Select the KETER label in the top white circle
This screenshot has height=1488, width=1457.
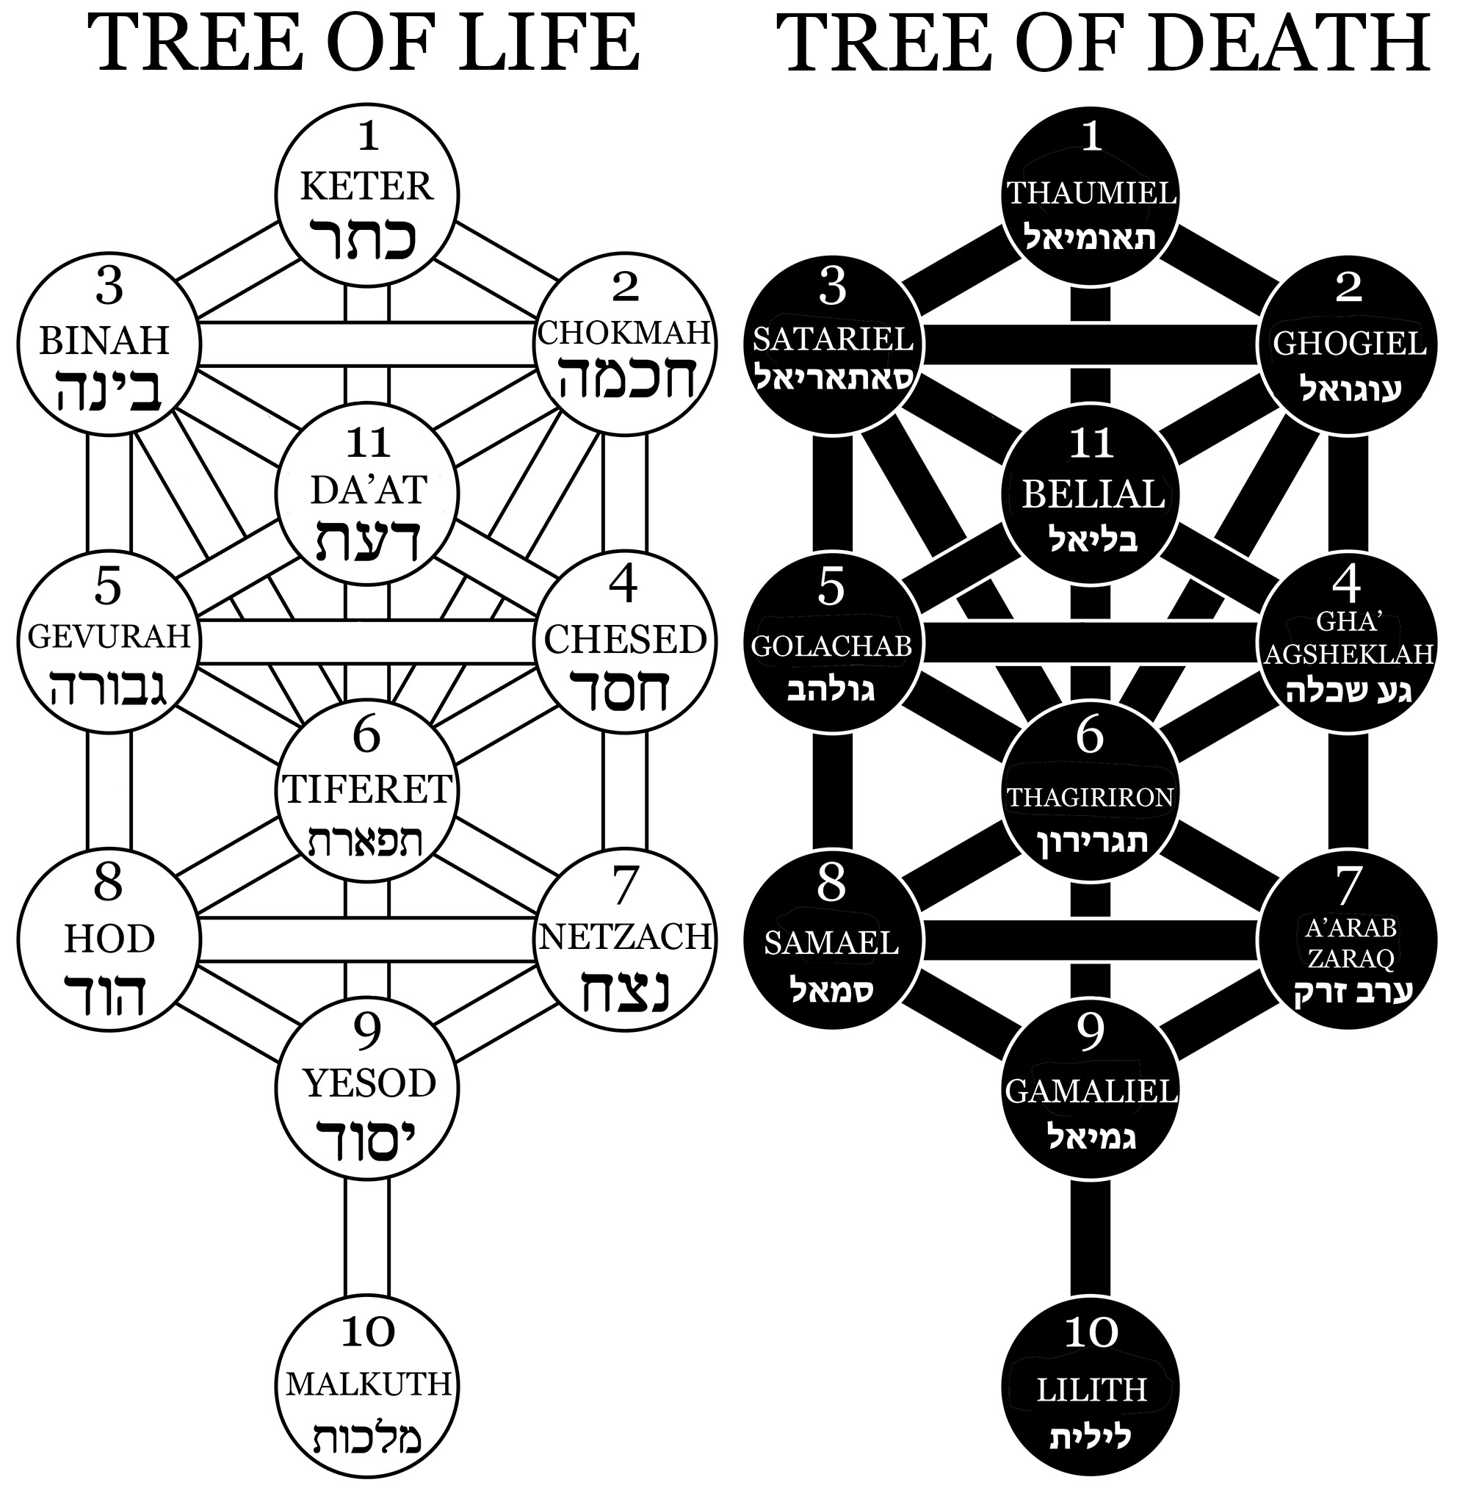pyautogui.click(x=366, y=186)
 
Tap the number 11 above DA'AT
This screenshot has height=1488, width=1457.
pyautogui.click(x=368, y=441)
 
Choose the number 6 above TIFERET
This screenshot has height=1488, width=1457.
pyautogui.click(x=366, y=736)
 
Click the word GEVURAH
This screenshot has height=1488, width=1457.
pyautogui.click(x=109, y=636)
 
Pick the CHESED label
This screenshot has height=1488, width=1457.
pyautogui.click(x=624, y=640)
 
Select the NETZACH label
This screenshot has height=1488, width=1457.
pyautogui.click(x=625, y=936)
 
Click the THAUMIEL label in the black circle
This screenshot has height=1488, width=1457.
pyautogui.click(x=1091, y=193)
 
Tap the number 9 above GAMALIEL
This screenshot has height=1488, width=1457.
pyautogui.click(x=1091, y=1033)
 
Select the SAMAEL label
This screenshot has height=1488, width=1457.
pyautogui.click(x=831, y=944)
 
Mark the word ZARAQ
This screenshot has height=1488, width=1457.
pyautogui.click(x=1350, y=958)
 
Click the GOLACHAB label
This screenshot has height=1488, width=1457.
pyautogui.click(x=831, y=647)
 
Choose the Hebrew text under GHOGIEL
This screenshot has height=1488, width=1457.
pyautogui.click(x=1350, y=389)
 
